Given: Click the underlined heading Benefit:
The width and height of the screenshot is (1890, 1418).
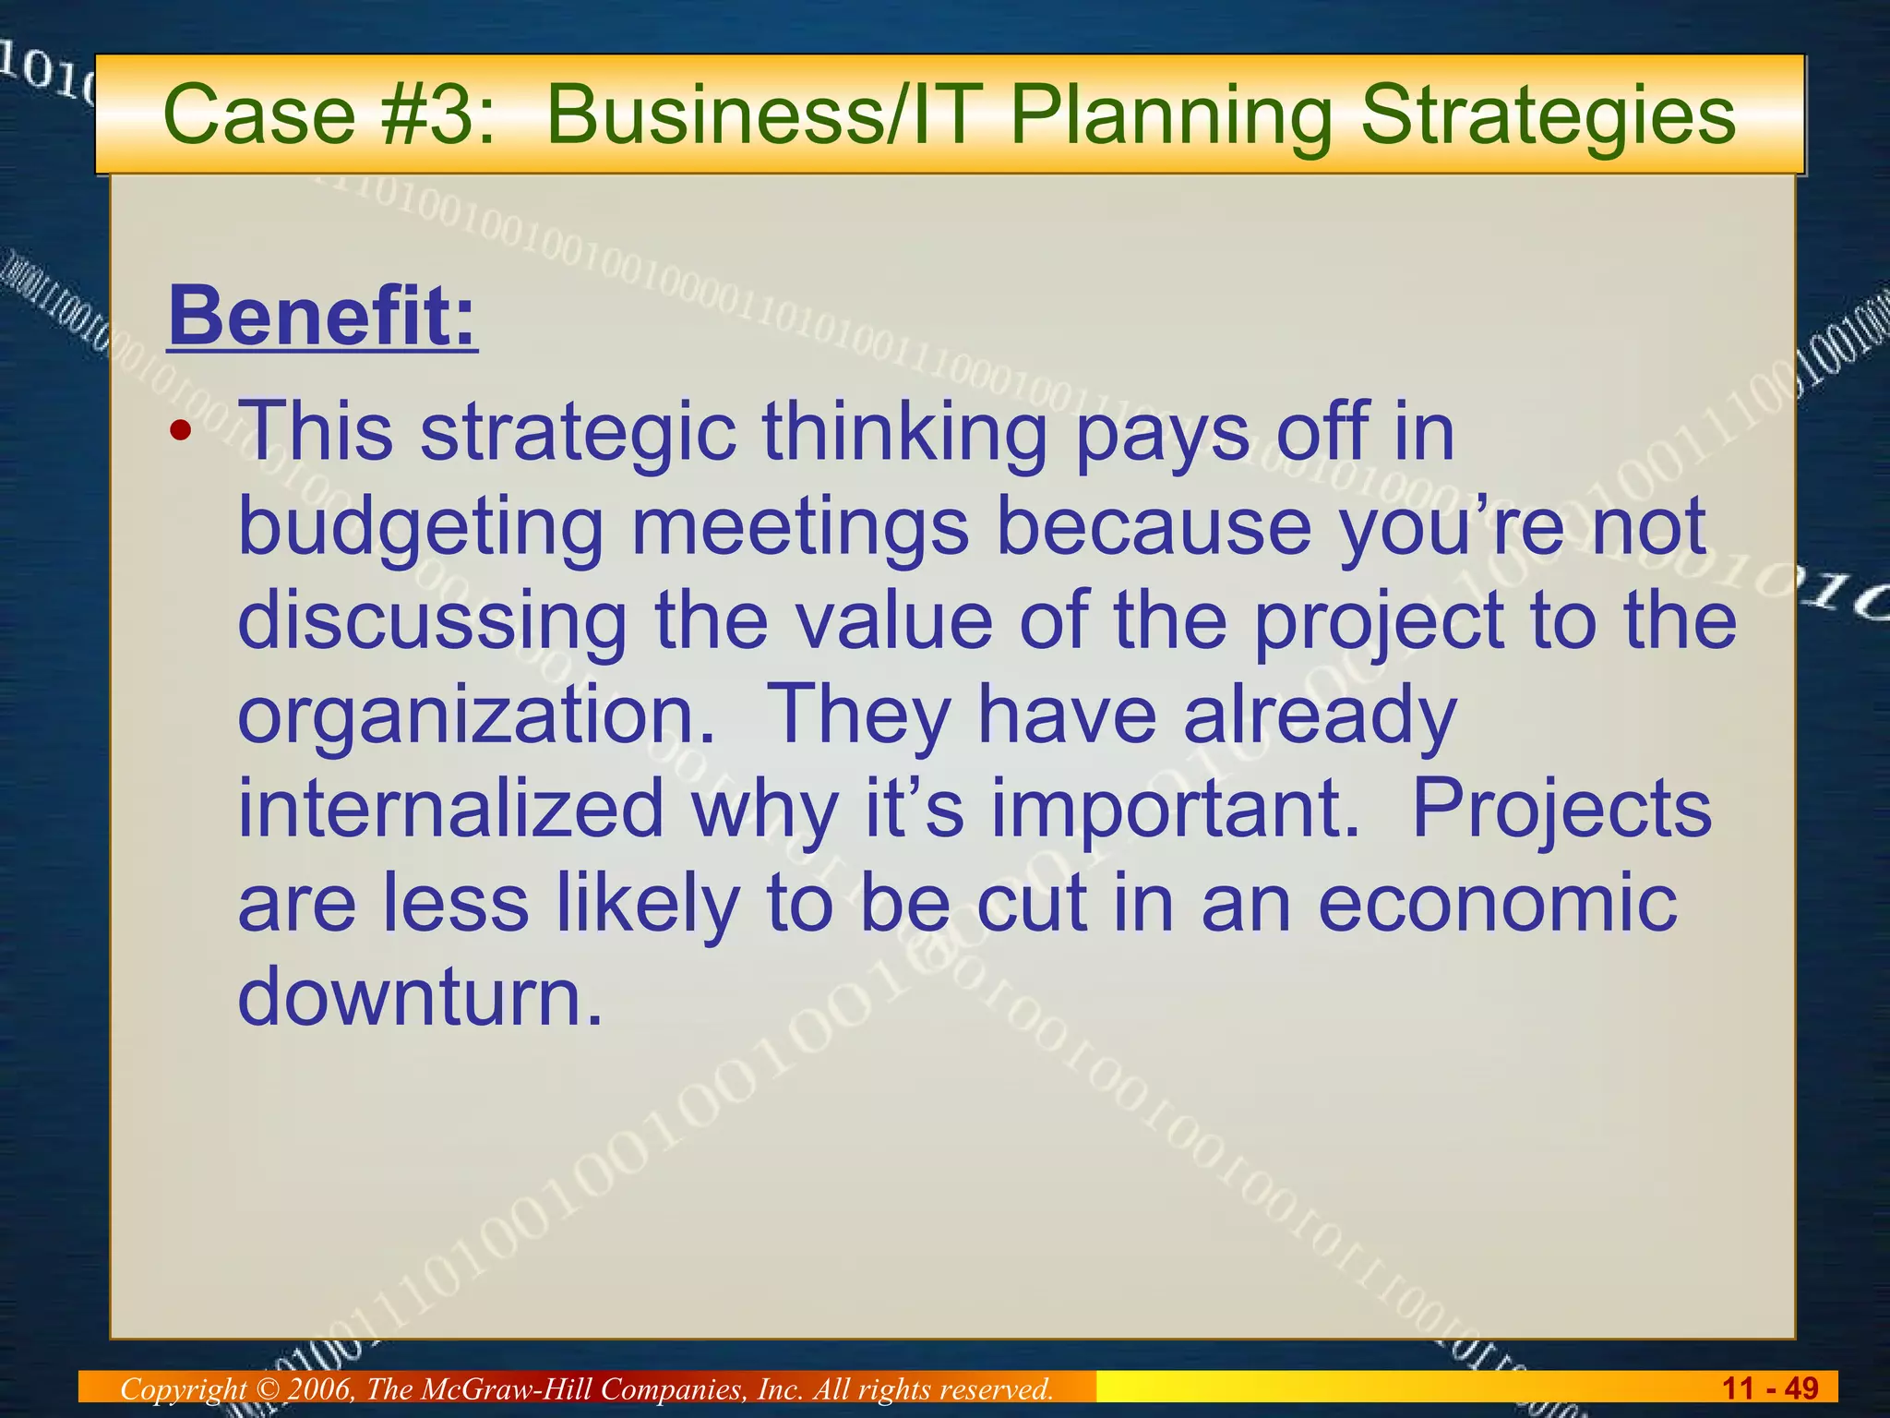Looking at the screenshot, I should [322, 317].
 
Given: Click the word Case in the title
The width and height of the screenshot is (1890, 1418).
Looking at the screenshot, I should [258, 116].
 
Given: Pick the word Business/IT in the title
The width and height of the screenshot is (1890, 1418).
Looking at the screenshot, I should [759, 116].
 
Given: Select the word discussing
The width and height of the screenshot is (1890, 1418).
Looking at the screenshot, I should [433, 620].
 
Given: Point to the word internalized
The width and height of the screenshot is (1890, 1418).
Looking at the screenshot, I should [451, 808].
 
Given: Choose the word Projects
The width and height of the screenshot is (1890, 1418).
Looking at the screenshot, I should [1561, 808].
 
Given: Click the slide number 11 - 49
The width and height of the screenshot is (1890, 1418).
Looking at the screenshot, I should [1770, 1388].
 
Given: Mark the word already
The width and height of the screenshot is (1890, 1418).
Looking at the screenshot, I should [1320, 715].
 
